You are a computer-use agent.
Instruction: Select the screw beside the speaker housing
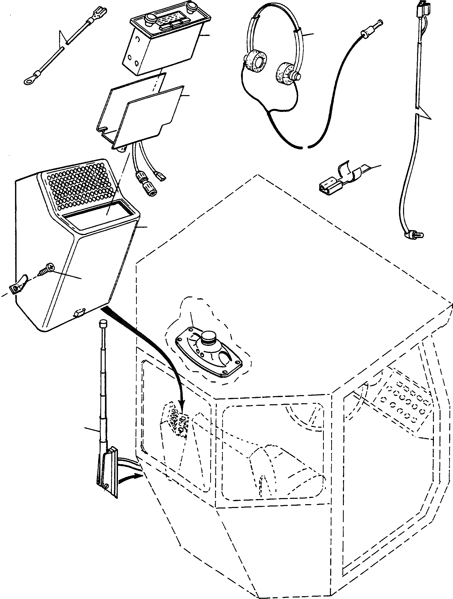pos(46,269)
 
